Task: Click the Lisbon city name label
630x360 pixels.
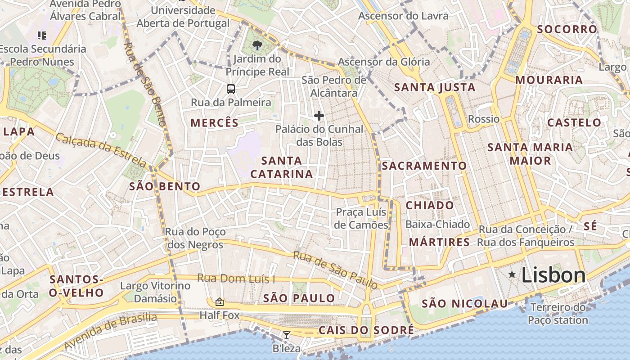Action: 553,275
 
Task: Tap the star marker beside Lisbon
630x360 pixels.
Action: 512,274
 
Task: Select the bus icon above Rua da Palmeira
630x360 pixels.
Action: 231,89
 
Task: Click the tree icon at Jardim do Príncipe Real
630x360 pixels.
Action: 257,45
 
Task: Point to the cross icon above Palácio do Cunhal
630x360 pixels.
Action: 319,116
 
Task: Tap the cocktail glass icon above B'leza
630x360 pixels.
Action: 286,335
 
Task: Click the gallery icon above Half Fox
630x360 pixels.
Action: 220,302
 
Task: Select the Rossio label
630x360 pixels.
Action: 484,119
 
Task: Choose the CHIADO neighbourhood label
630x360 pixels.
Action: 430,205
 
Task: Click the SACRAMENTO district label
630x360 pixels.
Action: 424,166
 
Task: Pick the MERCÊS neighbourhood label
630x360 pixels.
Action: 214,122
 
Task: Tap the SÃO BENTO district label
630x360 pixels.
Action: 165,186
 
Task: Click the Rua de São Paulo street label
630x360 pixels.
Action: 335,270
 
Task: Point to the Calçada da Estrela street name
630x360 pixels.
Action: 101,150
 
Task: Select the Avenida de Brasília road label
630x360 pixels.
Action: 110,331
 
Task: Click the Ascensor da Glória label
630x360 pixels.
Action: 384,62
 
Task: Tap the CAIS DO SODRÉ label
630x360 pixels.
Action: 366,330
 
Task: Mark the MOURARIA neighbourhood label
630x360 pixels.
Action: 549,80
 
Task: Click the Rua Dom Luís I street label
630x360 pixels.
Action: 236,279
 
